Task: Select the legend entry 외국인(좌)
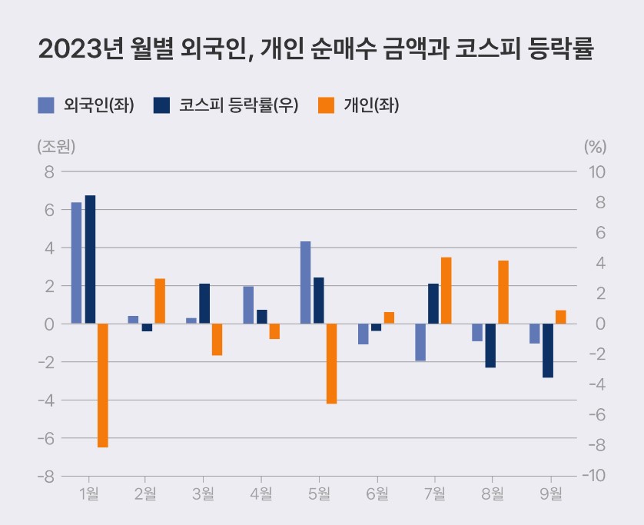pyautogui.click(x=87, y=105)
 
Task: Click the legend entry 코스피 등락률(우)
pyautogui.click(x=225, y=105)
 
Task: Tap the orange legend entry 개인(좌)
pyautogui.click(x=359, y=105)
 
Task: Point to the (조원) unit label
pyautogui.click(x=55, y=146)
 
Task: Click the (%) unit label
pyautogui.click(x=595, y=146)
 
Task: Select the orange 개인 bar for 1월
pyautogui.click(x=103, y=384)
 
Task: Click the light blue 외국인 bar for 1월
pyautogui.click(x=76, y=263)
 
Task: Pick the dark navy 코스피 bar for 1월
pyautogui.click(x=90, y=259)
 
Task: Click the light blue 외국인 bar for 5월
pyautogui.click(x=305, y=282)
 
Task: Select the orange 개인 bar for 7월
pyautogui.click(x=446, y=291)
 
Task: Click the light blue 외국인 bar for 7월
pyautogui.click(x=420, y=342)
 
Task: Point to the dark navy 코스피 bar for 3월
pyautogui.click(x=204, y=304)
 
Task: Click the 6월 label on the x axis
pyautogui.click(x=377, y=493)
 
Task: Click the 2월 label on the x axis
pyautogui.click(x=146, y=493)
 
